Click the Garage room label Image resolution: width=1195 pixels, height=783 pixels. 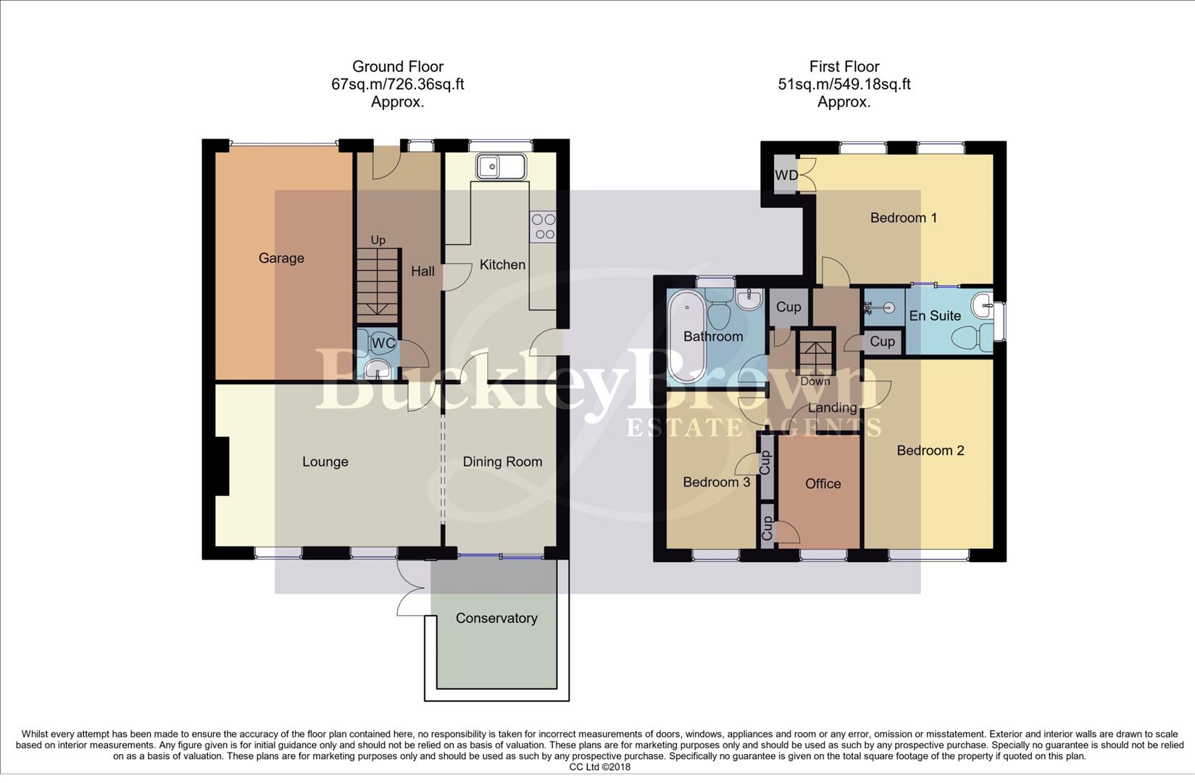pos(281,258)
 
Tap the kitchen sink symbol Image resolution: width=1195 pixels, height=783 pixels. pos(500,167)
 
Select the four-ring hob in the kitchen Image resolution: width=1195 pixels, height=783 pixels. pos(543,226)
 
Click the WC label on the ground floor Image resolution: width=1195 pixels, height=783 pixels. pos(383,343)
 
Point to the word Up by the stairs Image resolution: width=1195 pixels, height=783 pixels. pos(378,240)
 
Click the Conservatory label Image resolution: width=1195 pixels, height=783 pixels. pos(496,618)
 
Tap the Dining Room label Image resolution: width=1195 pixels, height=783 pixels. pos(502,462)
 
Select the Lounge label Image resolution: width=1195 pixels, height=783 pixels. pos(325,462)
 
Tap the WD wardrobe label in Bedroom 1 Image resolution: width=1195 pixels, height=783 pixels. pos(786,175)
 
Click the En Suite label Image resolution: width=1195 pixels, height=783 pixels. pos(935,315)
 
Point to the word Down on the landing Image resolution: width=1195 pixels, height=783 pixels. pos(815,381)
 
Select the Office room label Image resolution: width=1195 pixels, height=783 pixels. pos(823,484)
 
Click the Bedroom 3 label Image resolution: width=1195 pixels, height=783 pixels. pos(716,482)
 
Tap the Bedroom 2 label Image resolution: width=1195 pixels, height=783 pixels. pos(930,450)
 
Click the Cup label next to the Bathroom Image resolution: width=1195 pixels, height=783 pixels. pos(788,307)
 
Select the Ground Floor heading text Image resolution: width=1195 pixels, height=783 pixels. pos(397,67)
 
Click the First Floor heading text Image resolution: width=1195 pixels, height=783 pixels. pos(844,67)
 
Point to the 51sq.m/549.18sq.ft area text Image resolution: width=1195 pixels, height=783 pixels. pos(844,84)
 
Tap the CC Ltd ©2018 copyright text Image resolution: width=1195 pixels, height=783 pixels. pos(599,767)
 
